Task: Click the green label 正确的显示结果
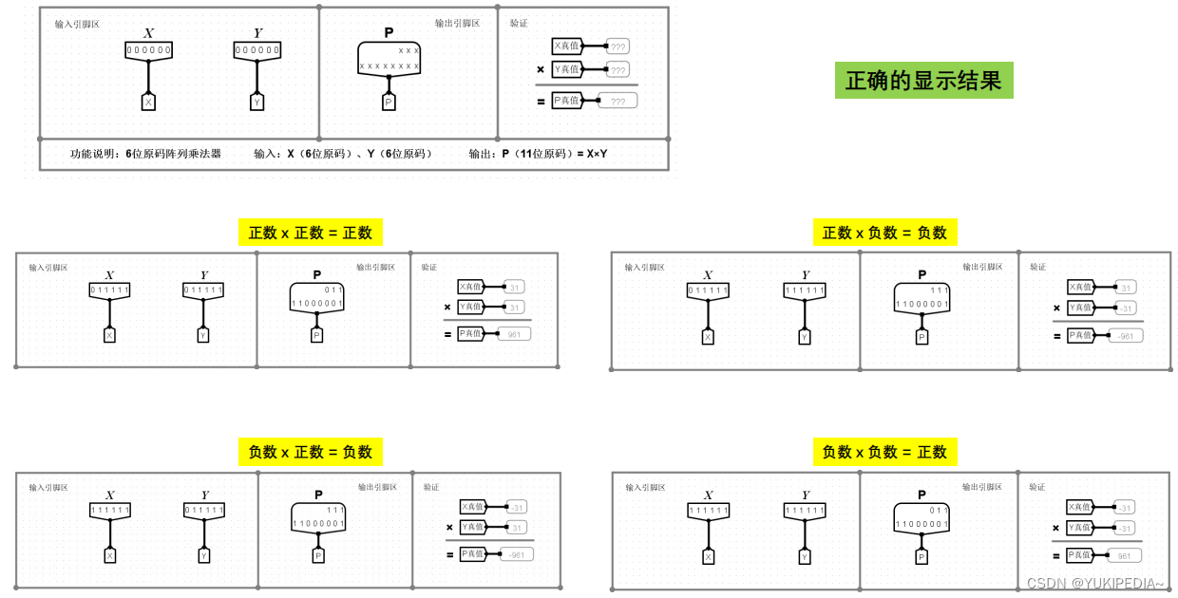pyautogui.click(x=923, y=81)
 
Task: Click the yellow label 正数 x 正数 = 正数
pyautogui.click(x=311, y=233)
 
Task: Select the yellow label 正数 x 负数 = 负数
pyautogui.click(x=884, y=233)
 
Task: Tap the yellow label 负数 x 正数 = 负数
pyautogui.click(x=311, y=452)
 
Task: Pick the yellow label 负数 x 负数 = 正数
pyautogui.click(x=884, y=452)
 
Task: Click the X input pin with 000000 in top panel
pyautogui.click(x=148, y=50)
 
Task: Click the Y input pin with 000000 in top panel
pyautogui.click(x=256, y=50)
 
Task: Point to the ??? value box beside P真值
pyautogui.click(x=617, y=101)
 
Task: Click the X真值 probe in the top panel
pyautogui.click(x=567, y=46)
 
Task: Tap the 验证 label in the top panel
pyautogui.click(x=519, y=23)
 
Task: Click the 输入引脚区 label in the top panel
pyautogui.click(x=77, y=24)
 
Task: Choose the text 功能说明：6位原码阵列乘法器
pyautogui.click(x=145, y=154)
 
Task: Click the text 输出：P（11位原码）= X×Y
pyautogui.click(x=538, y=154)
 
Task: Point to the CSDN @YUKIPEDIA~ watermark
pyautogui.click(x=1094, y=584)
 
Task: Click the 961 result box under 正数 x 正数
pyautogui.click(x=514, y=334)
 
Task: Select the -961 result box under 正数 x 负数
pyautogui.click(x=1125, y=336)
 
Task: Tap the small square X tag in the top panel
pyautogui.click(x=148, y=103)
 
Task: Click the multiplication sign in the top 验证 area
pyautogui.click(x=541, y=69)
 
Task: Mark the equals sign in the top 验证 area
pyautogui.click(x=541, y=101)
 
